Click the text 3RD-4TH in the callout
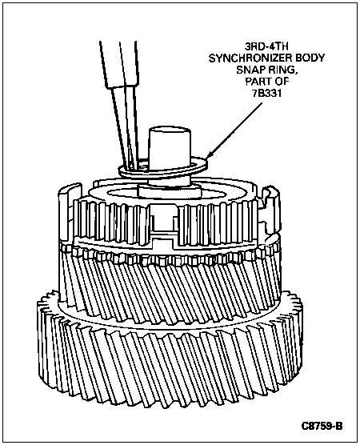click(x=266, y=46)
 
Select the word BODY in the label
click(x=310, y=58)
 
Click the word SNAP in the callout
click(x=250, y=70)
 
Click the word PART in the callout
click(x=258, y=82)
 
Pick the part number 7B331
click(x=267, y=94)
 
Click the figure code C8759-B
click(x=322, y=426)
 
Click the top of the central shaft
click(x=169, y=130)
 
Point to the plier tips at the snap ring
click(x=134, y=165)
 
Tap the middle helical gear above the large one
click(x=170, y=284)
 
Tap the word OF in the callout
click(x=282, y=82)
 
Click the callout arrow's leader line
click(x=235, y=130)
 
